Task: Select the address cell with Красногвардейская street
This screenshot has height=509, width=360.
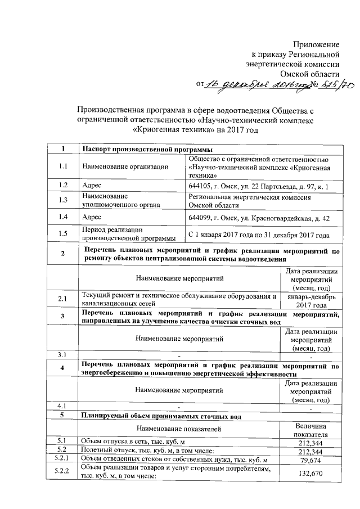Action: pos(260,218)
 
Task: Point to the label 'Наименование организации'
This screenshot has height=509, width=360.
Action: pos(125,167)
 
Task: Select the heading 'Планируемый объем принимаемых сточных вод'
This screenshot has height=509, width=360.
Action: pos(162,417)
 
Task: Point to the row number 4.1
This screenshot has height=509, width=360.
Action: pos(63,406)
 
